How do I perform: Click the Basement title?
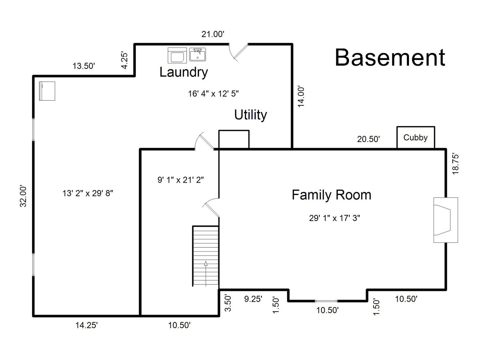coord(390,57)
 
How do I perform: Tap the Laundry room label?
coord(184,72)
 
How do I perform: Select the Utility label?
coord(251,115)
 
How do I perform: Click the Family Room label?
coord(331,195)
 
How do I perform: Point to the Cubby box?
coord(416,137)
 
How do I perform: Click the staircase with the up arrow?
coord(205,256)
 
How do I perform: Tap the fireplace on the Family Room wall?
coord(445,220)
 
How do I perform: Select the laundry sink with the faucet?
coord(198,54)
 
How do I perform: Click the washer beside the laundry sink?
coord(177,55)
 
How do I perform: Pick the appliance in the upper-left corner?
coord(47,91)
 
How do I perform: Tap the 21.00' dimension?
coord(213,34)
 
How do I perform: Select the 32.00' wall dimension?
coord(23,196)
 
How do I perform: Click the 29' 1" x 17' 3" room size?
coord(334,218)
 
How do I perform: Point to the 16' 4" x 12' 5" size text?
coord(213,94)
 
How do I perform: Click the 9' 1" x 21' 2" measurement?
coord(180,180)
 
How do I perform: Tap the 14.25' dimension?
coord(86,325)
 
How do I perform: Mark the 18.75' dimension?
coord(456,163)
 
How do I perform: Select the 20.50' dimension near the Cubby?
coord(368,139)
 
